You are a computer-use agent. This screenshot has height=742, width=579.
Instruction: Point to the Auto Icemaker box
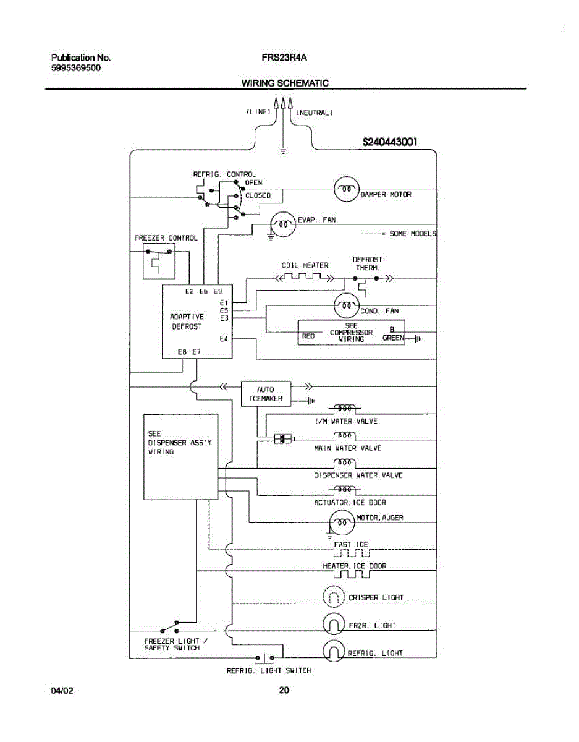pyautogui.click(x=266, y=394)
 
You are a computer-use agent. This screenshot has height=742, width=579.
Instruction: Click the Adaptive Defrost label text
pyautogui.click(x=187, y=321)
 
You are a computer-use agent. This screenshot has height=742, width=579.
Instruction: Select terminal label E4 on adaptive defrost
pyautogui.click(x=224, y=339)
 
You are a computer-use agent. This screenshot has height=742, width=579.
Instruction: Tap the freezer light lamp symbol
pyautogui.click(x=334, y=625)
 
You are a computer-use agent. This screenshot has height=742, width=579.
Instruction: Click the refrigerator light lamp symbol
pyautogui.click(x=334, y=651)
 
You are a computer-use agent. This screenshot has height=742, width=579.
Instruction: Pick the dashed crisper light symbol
pyautogui.click(x=334, y=597)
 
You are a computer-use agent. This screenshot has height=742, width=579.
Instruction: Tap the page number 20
pyautogui.click(x=284, y=691)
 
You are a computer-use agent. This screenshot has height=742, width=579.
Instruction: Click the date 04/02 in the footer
pyautogui.click(x=62, y=691)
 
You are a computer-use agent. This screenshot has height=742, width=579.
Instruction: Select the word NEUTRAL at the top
pyautogui.click(x=315, y=113)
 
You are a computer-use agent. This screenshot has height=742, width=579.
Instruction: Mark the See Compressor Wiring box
pyautogui.click(x=351, y=333)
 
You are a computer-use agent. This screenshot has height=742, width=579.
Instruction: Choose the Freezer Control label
pyautogui.click(x=166, y=237)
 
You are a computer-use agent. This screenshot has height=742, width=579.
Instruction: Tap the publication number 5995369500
pyautogui.click(x=75, y=68)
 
